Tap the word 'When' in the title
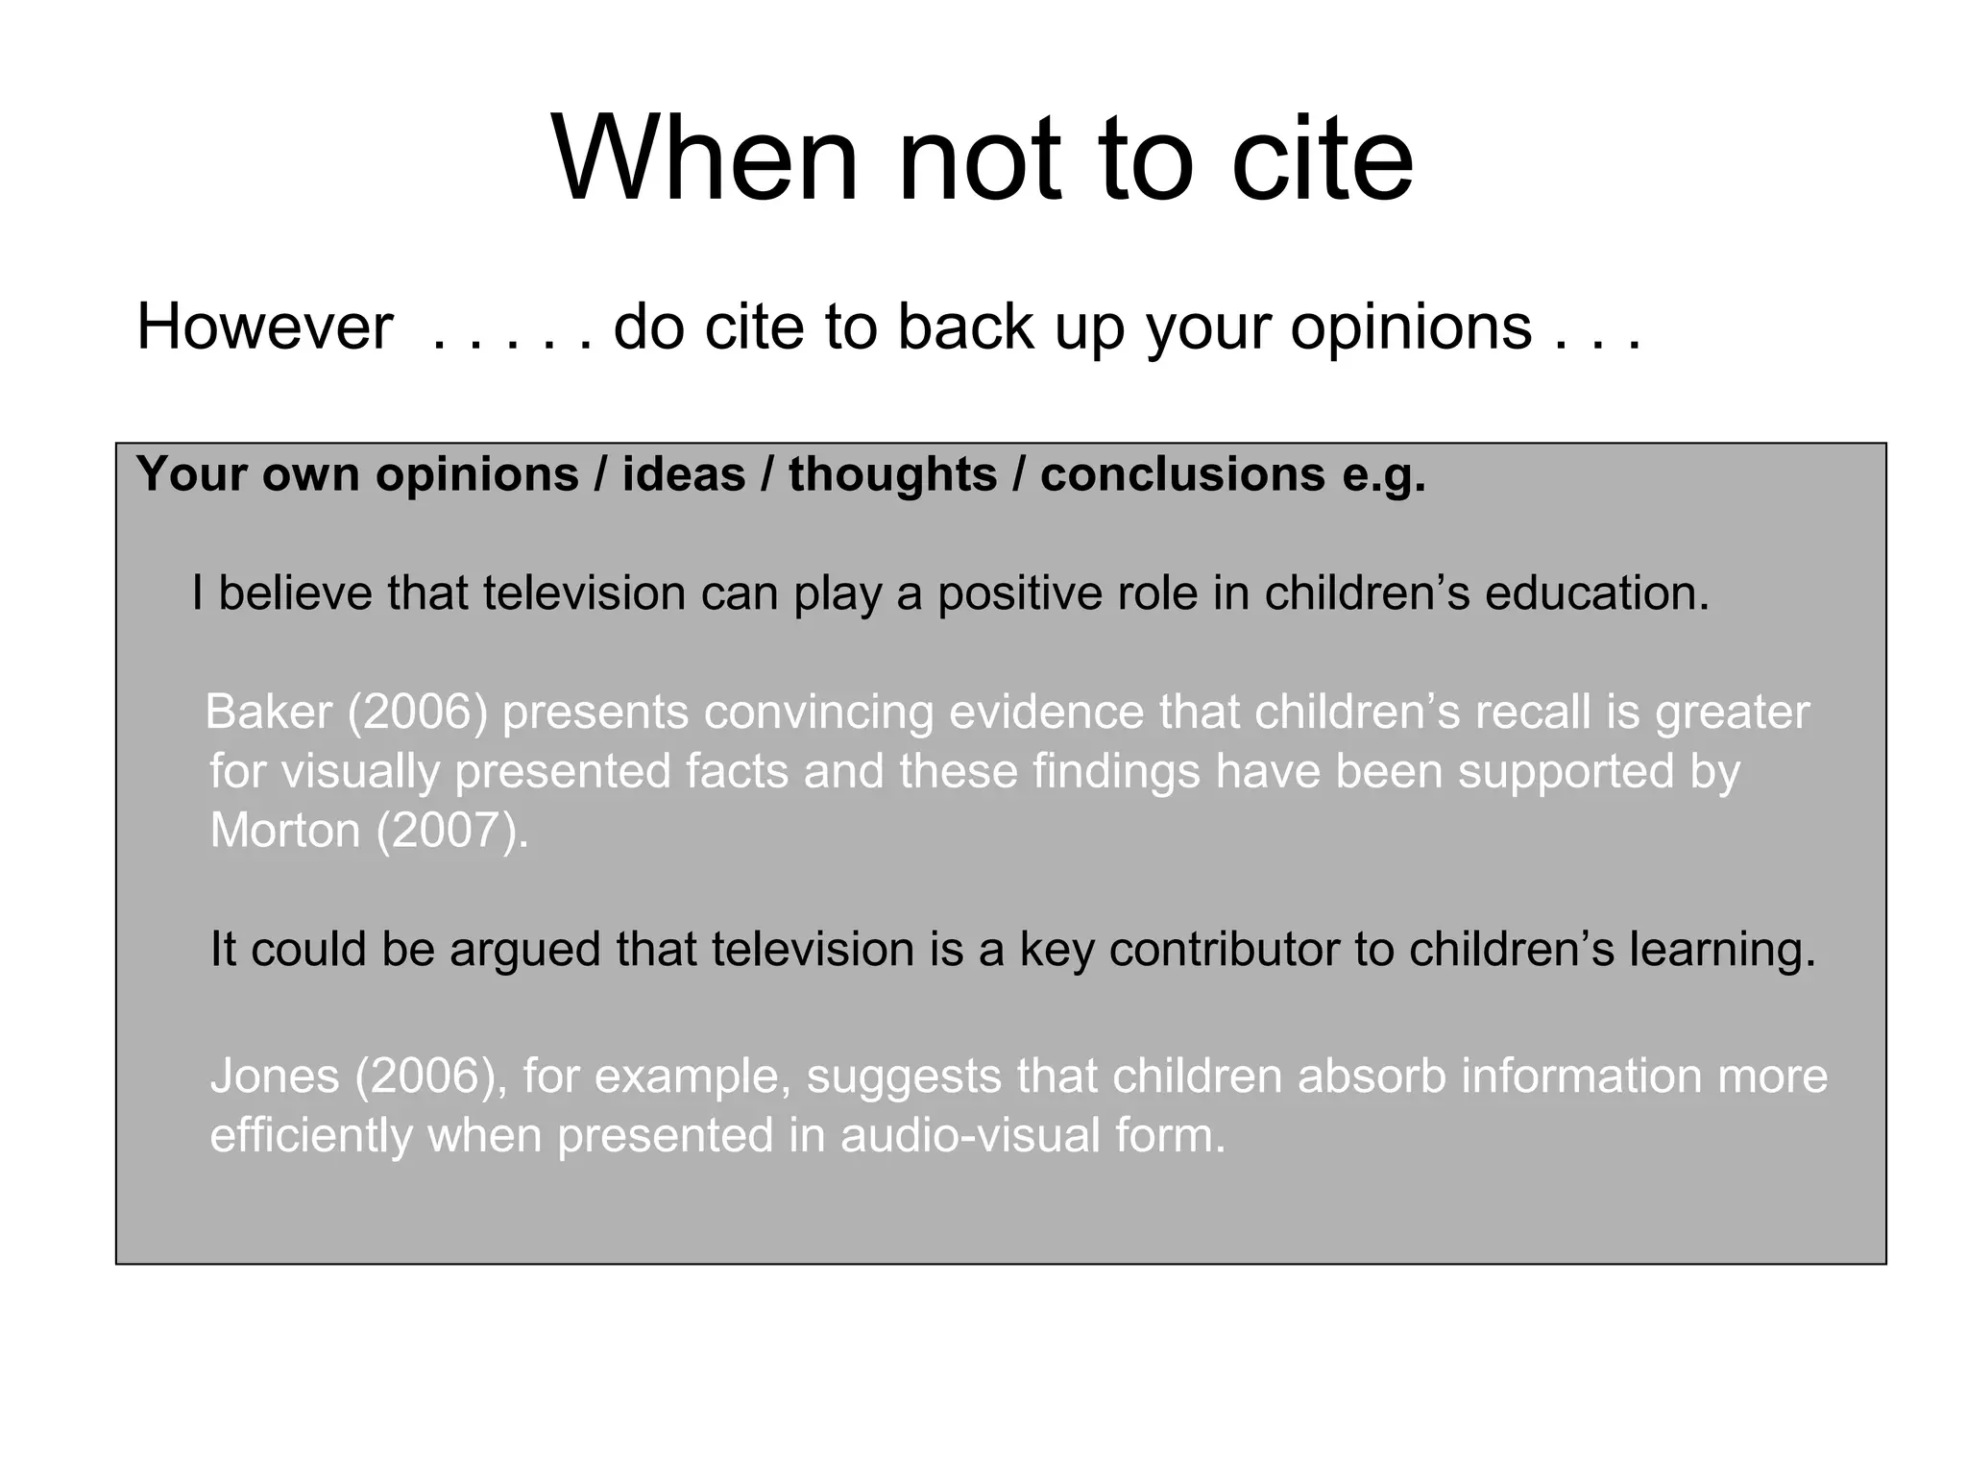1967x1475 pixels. coord(706,159)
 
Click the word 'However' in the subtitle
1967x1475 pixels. coord(265,327)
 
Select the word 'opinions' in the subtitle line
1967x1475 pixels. coord(1411,327)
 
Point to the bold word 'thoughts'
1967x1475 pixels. coord(892,474)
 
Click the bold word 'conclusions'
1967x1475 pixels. coord(1182,474)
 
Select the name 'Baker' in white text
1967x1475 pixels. coord(269,713)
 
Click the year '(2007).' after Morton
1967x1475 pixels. coord(452,830)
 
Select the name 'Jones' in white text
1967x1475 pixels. coord(275,1076)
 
